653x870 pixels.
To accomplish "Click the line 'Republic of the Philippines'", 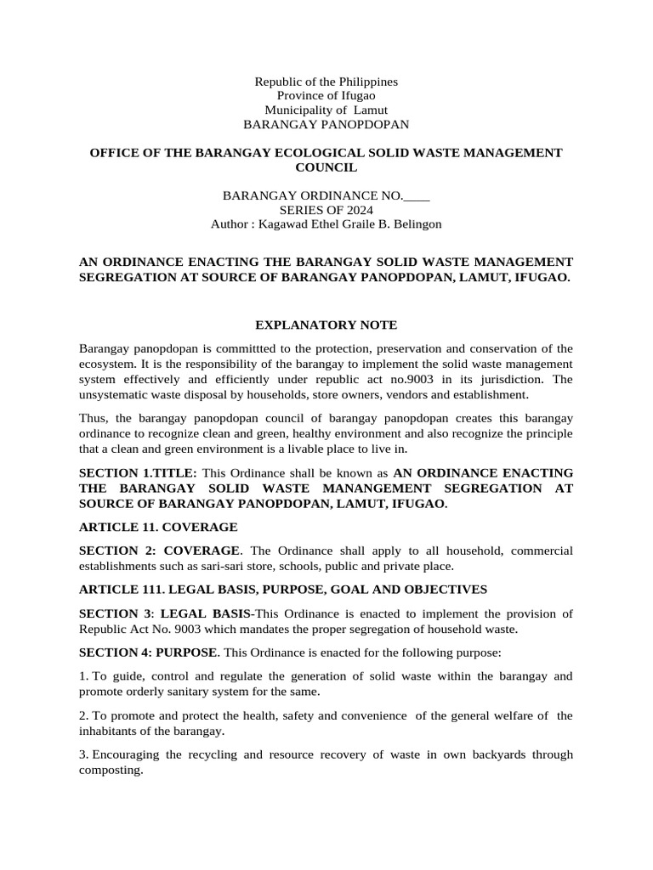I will click(326, 82).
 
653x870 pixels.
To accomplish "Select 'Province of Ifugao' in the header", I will click(326, 96).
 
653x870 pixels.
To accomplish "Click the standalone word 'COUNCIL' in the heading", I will click(326, 167).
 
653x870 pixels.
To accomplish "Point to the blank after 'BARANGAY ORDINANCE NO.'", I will click(417, 195).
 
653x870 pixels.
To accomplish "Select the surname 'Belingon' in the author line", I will click(417, 224).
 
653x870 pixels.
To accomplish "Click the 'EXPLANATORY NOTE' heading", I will click(326, 325).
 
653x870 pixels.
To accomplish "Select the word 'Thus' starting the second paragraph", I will click(92, 420).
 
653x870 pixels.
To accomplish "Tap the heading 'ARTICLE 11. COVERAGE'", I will click(158, 527).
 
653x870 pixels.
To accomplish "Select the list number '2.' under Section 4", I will click(83, 716).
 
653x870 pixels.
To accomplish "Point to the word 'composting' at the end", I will click(110, 770).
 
